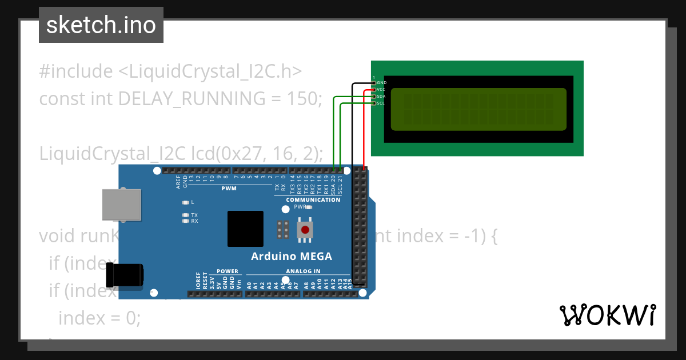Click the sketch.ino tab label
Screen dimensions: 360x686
pos(101,25)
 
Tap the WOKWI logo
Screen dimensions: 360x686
pos(607,315)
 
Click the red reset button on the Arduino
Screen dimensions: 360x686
pos(305,230)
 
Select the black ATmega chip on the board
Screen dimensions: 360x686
pos(245,229)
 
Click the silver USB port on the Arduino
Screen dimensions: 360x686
pos(121,205)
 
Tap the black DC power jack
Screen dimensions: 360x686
pos(125,275)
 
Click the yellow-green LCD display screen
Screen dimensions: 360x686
pos(478,109)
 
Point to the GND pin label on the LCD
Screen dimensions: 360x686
pos(382,83)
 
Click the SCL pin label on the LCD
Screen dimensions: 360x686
pos(381,103)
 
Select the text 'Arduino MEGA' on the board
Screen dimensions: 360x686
pos(292,256)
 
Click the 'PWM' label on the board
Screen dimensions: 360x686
pos(229,189)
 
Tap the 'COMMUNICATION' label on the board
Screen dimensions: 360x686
pos(313,200)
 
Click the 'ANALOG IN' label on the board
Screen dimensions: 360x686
pos(303,271)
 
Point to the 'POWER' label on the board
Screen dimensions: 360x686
pos(227,271)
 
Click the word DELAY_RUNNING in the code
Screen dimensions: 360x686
pos(192,99)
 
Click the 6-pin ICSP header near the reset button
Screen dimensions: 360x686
pos(282,230)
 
